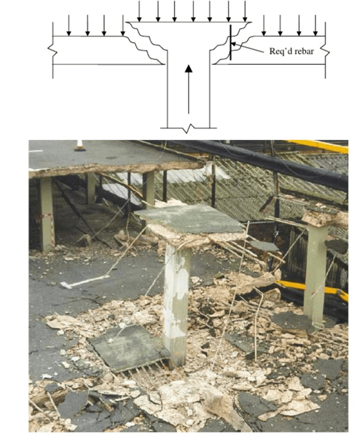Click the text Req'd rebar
pos(291,51)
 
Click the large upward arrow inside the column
pos(189,89)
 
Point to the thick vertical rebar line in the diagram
pos(230,42)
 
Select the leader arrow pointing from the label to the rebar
pos(247,47)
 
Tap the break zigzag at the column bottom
pos(189,129)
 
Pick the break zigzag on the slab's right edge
pos(326,52)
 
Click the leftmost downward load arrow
pos(69,26)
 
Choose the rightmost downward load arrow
pos(316,26)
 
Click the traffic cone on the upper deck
pos(79,146)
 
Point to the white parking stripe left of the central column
pos(85,281)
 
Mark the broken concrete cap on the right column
pos(324,217)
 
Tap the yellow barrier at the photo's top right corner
pos(320,146)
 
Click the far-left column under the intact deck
pos(47,214)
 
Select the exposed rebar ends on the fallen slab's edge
pos(146,367)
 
